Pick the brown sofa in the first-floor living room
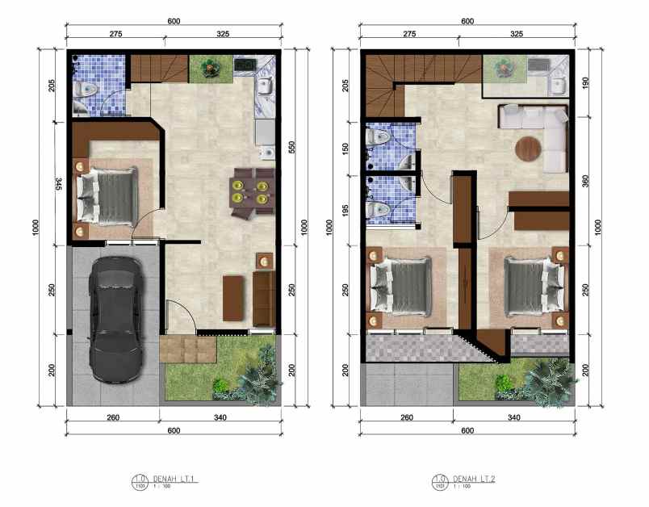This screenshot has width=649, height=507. [263, 298]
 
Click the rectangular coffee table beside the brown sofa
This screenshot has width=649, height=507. [232, 295]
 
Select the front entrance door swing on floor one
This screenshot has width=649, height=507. [179, 315]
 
